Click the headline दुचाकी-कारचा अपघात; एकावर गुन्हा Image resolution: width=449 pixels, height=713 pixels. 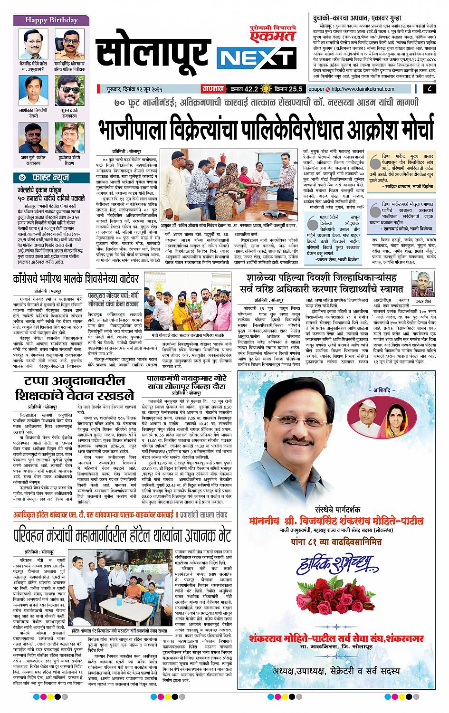354,15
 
